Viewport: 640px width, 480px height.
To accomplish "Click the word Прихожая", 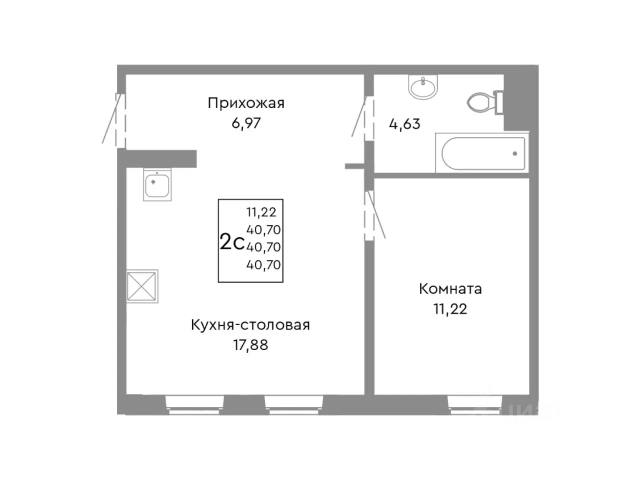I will coord(246,103).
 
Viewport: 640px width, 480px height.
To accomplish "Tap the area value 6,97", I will coord(246,123).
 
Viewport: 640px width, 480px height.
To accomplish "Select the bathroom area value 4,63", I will coord(404,123).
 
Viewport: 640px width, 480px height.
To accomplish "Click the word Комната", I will coord(450,289).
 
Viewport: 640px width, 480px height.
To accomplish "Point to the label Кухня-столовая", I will coord(250,325).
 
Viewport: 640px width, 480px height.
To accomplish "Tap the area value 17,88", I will coord(250,345).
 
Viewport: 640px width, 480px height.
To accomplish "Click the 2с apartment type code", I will coord(232,242).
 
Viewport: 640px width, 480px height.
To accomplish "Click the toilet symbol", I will coord(483,102).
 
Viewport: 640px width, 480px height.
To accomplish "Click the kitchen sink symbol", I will coord(157,184).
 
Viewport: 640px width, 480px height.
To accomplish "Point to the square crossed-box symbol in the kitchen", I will coord(142,286).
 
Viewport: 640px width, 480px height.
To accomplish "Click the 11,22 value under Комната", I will coord(450,309).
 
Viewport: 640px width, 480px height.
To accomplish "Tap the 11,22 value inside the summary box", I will coord(261,212).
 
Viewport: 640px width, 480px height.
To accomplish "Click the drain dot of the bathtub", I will coord(515,153).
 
